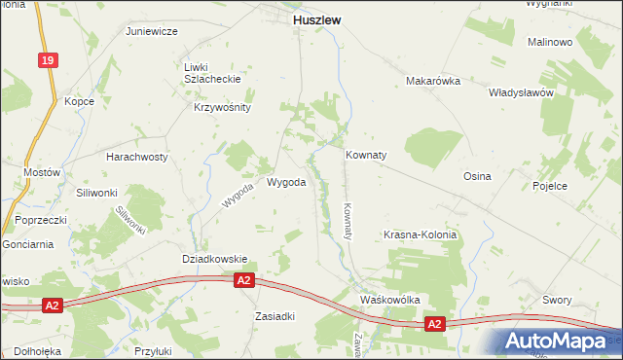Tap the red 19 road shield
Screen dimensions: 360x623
point(47,60)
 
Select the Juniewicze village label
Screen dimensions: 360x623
point(151,31)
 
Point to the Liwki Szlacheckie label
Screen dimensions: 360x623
point(210,73)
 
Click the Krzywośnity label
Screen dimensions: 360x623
point(223,108)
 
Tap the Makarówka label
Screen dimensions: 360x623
point(433,81)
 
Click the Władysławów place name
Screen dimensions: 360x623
point(521,93)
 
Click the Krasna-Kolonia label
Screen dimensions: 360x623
point(420,235)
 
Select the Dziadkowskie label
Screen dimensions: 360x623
point(215,259)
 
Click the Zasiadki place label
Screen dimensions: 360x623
point(274,316)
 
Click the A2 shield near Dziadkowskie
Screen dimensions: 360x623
point(244,280)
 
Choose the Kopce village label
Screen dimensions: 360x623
point(79,101)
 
